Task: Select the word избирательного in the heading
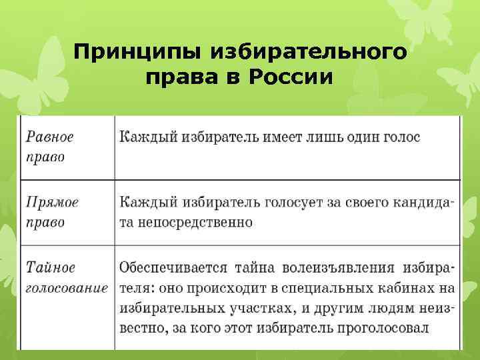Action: pyautogui.click(x=308, y=51)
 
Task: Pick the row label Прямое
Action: pyautogui.click(x=52, y=202)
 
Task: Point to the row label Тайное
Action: pyautogui.click(x=51, y=268)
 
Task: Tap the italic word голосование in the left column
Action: pyautogui.click(x=67, y=289)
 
